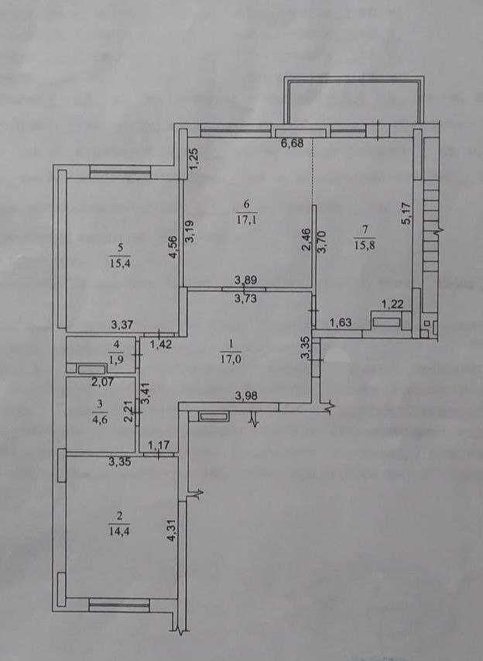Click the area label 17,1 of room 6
click(247, 219)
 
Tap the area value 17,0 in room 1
click(230, 359)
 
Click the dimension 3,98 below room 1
click(246, 397)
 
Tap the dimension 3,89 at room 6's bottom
click(246, 282)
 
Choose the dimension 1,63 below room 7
click(340, 323)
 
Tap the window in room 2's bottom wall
click(119, 602)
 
